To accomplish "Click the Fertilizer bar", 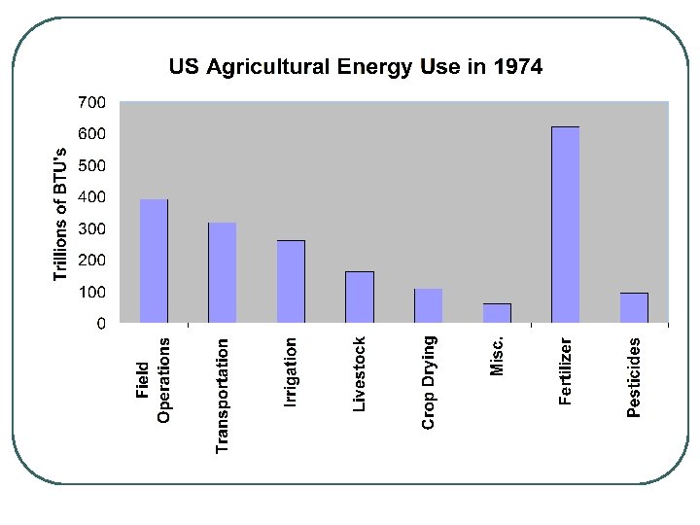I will coord(565,225).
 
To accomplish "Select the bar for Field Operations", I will coord(154,261).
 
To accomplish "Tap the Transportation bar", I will coord(223,272).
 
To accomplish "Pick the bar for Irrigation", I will coord(291,281).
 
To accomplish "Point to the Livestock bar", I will coord(360,297).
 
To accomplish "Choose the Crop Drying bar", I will coord(428,305).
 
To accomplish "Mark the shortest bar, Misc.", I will coord(497,313).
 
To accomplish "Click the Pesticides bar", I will coord(634,307).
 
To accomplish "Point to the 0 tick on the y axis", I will coord(101,324).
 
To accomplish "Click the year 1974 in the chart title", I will coord(517,67).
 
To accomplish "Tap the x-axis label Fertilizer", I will coord(565,371).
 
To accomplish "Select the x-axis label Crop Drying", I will coord(428,382).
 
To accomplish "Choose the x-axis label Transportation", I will coord(223,395).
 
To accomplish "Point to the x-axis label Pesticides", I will coord(634,377).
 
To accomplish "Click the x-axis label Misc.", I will coord(497,355).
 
